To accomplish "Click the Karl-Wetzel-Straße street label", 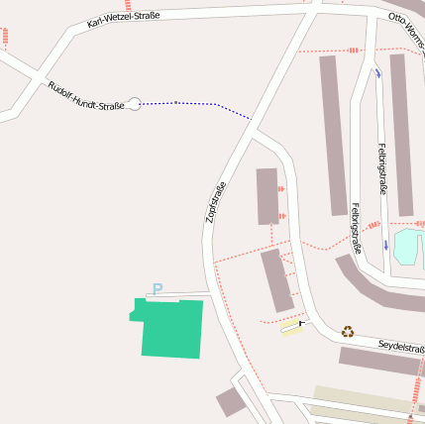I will coord(123,18).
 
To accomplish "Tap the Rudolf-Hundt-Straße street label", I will coord(85,96).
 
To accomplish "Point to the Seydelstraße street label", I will coord(400,347).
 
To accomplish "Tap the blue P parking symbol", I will coord(157,289).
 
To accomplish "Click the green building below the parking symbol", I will coord(170,327).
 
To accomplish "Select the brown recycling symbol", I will coord(348,332).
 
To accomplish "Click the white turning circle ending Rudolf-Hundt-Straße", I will coord(134,103).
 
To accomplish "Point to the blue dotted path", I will coord(198,104).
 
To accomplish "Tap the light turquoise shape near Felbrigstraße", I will coord(406,247).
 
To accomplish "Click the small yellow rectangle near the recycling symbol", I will coord(289,327).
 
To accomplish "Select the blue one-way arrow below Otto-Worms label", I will coord(377,73).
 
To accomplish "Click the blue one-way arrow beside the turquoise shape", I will coord(386,245).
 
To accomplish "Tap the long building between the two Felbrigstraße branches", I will coord(333,134).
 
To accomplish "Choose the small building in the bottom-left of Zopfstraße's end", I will coord(231,401).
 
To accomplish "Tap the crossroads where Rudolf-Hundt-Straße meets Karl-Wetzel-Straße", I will coord(39,77).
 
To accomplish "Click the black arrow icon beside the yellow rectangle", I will coord(302,323).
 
